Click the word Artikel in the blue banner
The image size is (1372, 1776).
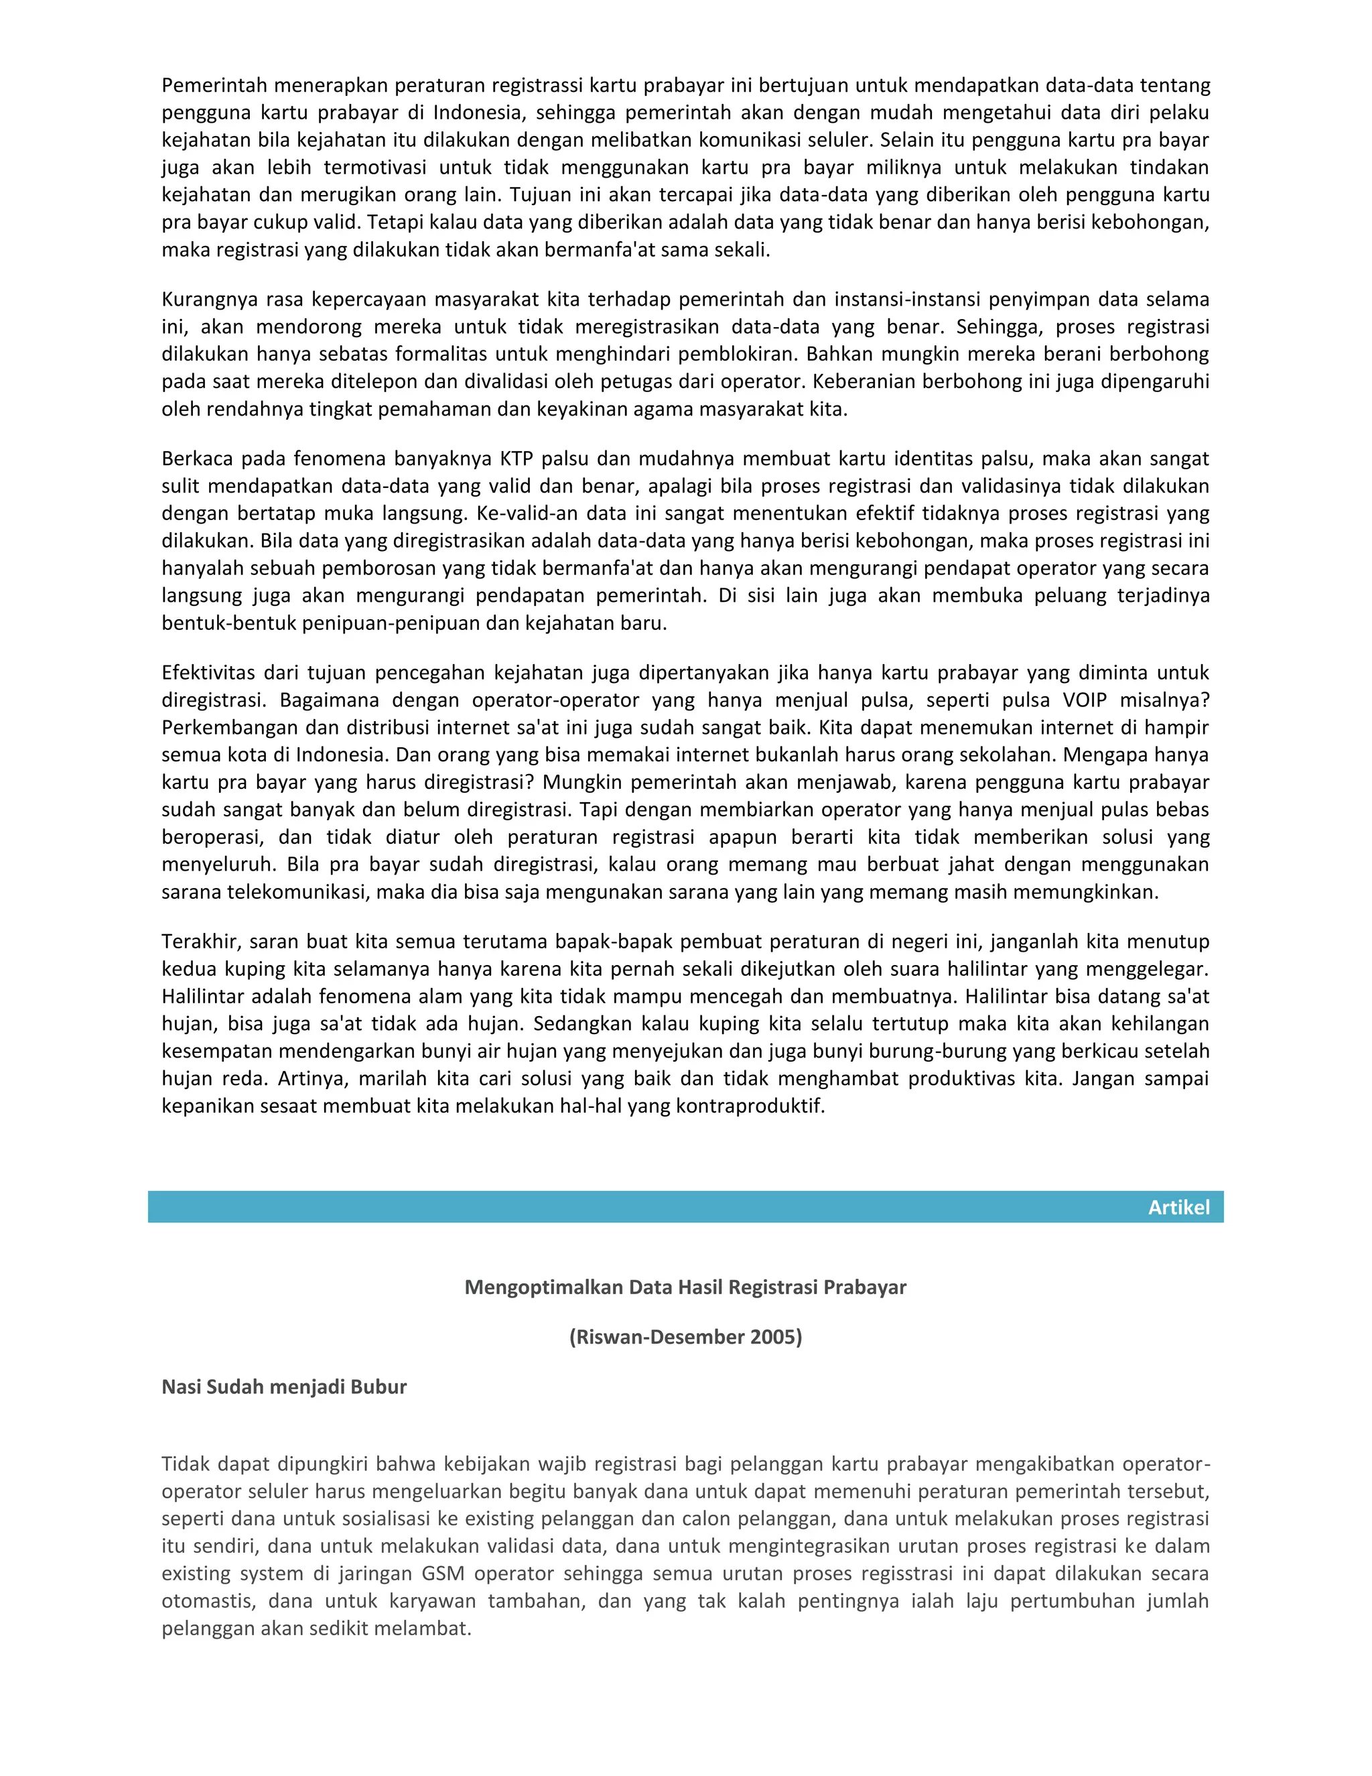coord(1178,1208)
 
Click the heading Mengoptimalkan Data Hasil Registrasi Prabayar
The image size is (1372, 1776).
coord(685,1287)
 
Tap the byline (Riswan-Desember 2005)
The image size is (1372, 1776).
coord(685,1337)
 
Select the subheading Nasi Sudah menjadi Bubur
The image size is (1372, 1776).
coord(283,1387)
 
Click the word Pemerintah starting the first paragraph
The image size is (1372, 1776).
coord(213,85)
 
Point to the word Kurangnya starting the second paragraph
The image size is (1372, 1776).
coord(210,300)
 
